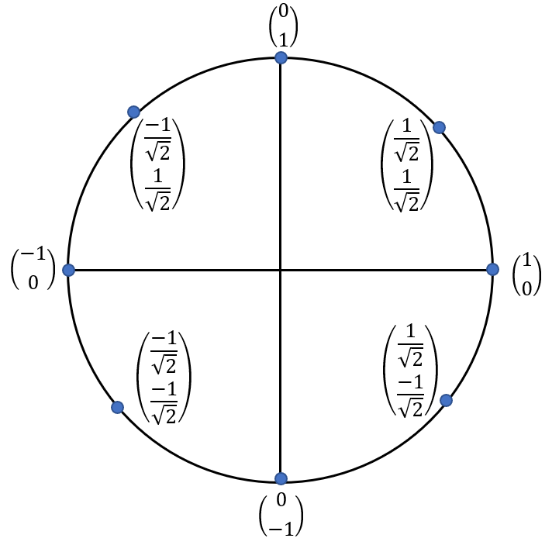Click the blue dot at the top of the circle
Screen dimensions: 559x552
coord(281,58)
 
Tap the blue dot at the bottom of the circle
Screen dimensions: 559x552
coord(281,478)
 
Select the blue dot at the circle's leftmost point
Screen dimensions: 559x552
coord(68,270)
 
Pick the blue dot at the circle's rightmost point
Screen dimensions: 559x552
coord(492,269)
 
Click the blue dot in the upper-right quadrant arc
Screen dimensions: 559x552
coord(439,127)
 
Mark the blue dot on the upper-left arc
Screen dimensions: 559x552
coord(133,112)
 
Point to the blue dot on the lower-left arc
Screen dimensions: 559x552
coord(117,407)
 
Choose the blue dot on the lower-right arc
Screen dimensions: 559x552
coord(446,400)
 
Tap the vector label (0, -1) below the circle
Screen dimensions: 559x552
coord(281,514)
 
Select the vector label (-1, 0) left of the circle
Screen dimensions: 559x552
coord(33,269)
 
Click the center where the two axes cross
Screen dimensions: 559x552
coord(281,270)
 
